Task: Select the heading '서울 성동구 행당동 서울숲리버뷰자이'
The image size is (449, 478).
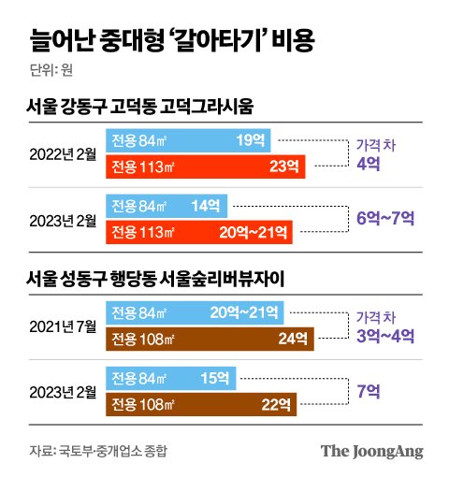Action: tap(168, 278)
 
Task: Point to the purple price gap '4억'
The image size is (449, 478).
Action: tap(368, 163)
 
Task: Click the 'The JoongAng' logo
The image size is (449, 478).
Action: tap(372, 451)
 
